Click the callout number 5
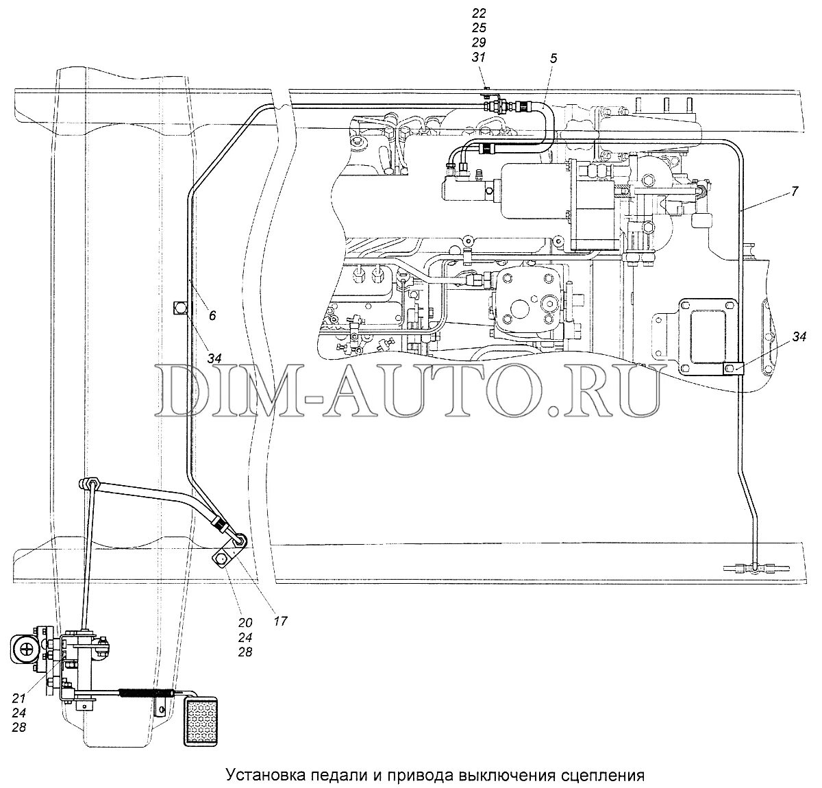553,59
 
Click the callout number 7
793,192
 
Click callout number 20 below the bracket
245,622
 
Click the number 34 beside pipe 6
215,358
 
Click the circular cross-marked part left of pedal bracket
26,645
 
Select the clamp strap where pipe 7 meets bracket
732,369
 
